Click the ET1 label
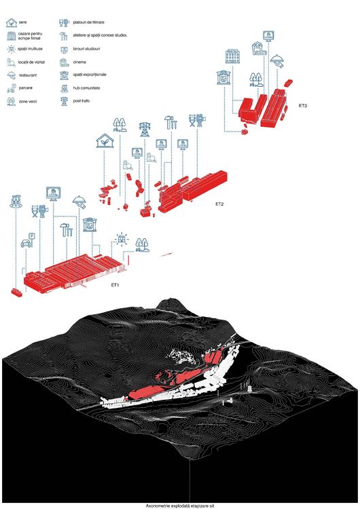115,285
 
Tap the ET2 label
219,204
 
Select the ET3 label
303,105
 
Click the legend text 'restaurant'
28,75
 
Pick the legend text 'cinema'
79,62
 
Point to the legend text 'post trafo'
82,101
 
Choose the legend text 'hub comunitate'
86,88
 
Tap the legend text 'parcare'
26,88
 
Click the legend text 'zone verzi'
28,102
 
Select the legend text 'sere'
22,22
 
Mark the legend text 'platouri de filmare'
89,22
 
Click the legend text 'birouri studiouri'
86,49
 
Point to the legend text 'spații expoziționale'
90,75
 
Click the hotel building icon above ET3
232,56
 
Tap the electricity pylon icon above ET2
145,129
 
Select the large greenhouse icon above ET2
105,140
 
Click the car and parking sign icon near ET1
28,240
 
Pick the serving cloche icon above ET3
278,60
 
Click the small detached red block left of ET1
17,293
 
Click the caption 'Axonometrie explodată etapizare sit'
180,506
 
